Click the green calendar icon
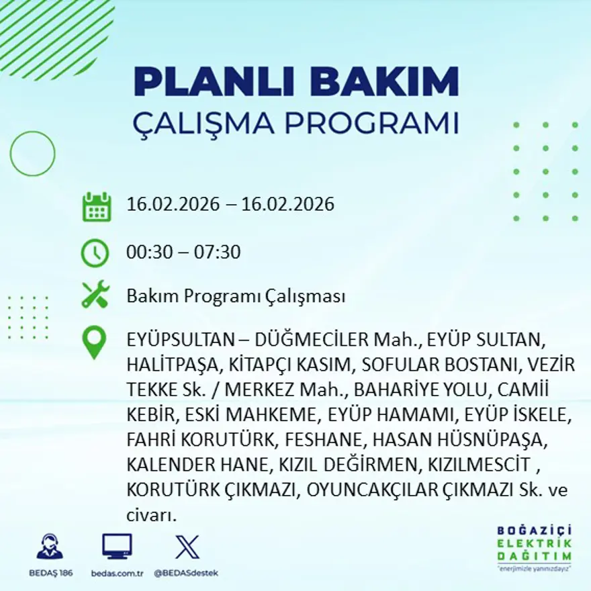tap(96, 207)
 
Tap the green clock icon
tap(95, 253)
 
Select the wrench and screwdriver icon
tap(95, 295)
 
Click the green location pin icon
tap(94, 343)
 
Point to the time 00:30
tap(147, 253)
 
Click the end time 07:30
tap(217, 253)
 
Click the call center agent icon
tap(50, 547)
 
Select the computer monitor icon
tap(117, 546)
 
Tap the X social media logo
tap(186, 546)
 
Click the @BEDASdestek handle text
tap(186, 573)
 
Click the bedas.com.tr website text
tap(117, 573)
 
